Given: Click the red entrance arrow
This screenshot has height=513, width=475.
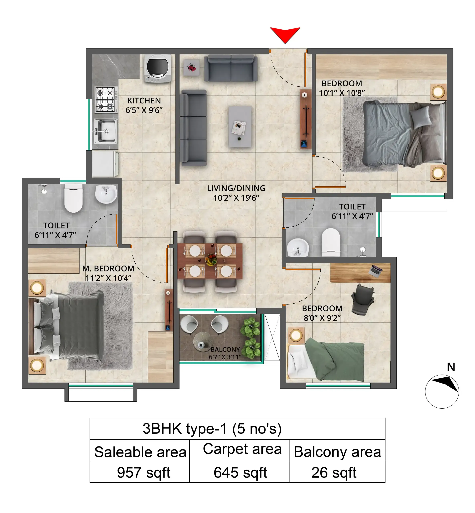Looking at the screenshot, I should (285, 34).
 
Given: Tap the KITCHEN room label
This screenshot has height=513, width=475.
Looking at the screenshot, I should (144, 101).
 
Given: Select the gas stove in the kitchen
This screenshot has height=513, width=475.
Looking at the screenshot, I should (105, 100).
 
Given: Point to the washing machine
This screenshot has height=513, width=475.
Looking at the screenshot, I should (157, 68).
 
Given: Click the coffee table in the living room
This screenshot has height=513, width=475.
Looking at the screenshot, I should (240, 127).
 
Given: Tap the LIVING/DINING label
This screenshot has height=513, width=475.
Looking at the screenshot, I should (236, 188).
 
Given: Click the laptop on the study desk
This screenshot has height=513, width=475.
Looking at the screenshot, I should (375, 271).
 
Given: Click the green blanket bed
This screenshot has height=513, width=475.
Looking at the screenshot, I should (334, 359).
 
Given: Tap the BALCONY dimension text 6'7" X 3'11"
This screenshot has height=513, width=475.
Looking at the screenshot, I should (225, 357).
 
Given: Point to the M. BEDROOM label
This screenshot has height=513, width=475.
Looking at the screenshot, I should (108, 269).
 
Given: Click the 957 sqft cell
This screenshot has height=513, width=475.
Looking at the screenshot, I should (143, 472).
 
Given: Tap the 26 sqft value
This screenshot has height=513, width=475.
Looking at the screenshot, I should (334, 472).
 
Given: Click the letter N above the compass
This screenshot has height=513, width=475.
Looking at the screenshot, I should (451, 367).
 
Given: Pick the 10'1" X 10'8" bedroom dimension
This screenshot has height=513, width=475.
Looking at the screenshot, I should (342, 93).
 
